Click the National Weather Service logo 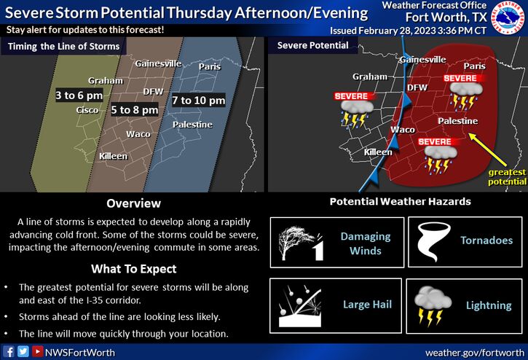tap(508, 17)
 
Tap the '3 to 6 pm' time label tap(79, 95)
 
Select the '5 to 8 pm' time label tap(134, 110)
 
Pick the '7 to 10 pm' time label tap(199, 100)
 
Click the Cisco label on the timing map tap(87, 110)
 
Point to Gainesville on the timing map tap(158, 63)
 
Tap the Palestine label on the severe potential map tap(457, 121)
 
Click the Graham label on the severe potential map tap(370, 77)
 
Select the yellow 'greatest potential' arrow tap(487, 149)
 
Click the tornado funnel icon tap(433, 241)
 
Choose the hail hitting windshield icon tap(300, 306)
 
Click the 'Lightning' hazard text tap(489, 305)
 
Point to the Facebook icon tap(9, 351)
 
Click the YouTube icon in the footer tap(37, 351)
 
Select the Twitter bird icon tap(23, 351)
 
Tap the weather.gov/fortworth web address tap(475, 353)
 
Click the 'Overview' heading tap(134, 203)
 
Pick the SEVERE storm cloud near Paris tap(466, 96)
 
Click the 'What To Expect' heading tap(134, 269)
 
